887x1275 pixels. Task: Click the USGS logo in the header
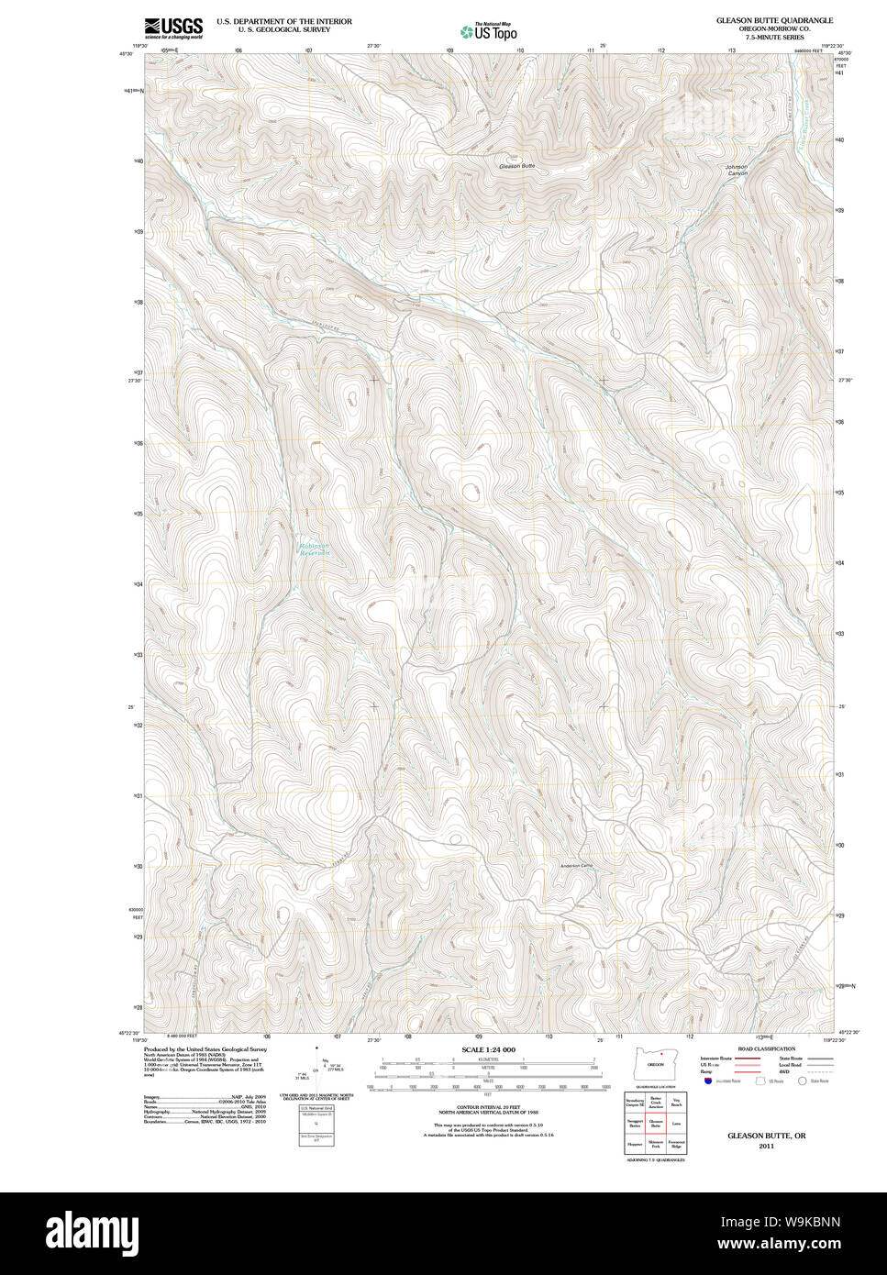tap(173, 27)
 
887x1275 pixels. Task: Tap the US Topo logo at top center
tap(488, 31)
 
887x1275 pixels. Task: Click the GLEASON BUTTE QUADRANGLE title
tap(775, 19)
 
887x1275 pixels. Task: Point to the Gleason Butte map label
tap(516, 166)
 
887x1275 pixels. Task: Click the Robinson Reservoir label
tap(314, 549)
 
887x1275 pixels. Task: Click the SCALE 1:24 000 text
tap(488, 1049)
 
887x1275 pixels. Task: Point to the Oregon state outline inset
tap(655, 1064)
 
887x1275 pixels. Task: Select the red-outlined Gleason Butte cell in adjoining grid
tap(656, 1121)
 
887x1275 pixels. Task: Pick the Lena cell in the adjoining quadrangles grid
tap(677, 1121)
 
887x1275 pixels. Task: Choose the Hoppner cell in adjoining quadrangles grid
tap(635, 1145)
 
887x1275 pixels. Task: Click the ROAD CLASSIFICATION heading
tap(766, 1048)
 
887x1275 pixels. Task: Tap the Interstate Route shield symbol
tap(708, 1081)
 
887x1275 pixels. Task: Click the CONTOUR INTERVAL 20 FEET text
tap(488, 1107)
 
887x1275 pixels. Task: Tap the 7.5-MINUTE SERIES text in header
tap(775, 36)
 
